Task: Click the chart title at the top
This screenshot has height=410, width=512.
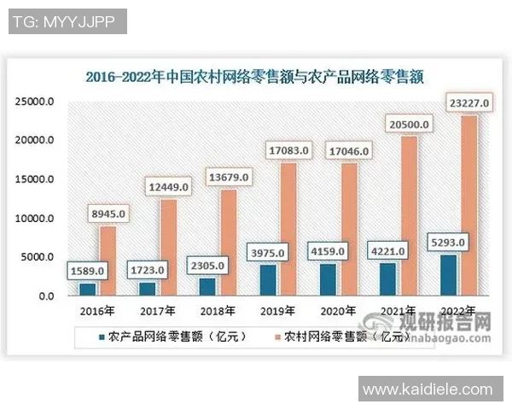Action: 255,76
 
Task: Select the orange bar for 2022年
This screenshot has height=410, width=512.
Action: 468,205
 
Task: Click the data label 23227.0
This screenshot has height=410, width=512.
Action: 467,104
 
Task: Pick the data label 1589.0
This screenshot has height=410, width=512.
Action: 87,271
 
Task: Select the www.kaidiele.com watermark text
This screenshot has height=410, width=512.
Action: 428,390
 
